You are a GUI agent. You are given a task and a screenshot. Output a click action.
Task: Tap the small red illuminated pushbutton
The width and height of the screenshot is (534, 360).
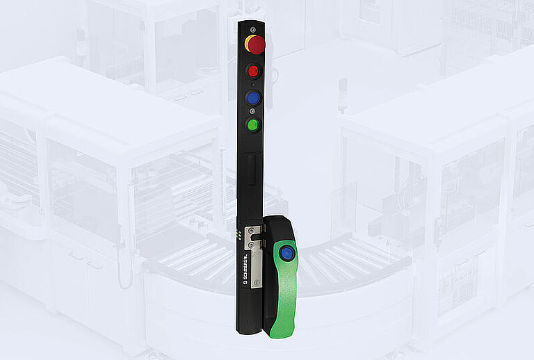(253, 71)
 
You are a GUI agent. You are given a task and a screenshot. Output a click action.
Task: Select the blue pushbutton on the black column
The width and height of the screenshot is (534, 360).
(253, 98)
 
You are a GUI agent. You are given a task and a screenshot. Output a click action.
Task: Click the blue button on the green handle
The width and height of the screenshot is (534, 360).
(285, 253)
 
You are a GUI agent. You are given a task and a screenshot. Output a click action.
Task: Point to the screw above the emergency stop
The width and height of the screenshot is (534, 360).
(252, 29)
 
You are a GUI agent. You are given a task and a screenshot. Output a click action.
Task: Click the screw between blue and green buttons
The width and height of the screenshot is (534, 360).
(252, 111)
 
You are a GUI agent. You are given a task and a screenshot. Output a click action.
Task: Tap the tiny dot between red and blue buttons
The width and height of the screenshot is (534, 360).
(252, 84)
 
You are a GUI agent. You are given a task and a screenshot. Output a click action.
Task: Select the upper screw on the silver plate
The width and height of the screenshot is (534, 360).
(251, 230)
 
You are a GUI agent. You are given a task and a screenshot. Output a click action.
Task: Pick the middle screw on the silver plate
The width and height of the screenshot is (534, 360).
(251, 245)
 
